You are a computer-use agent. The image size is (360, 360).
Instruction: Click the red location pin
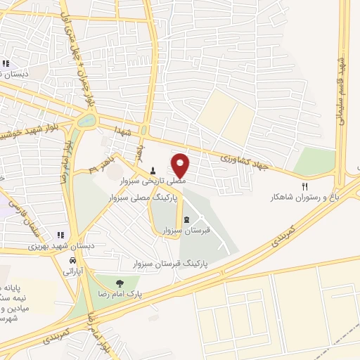point(181,165)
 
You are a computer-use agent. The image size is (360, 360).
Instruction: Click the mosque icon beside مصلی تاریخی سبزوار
point(153,171)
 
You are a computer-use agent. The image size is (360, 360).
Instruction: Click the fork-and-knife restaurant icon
point(304,186)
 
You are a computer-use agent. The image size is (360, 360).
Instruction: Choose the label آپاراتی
point(72,270)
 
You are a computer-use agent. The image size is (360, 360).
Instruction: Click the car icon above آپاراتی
point(72,259)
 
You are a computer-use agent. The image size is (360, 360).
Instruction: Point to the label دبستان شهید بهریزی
point(46,245)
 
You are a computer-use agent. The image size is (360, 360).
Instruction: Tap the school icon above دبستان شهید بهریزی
point(60,235)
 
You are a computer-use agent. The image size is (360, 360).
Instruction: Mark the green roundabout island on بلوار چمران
point(86,120)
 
